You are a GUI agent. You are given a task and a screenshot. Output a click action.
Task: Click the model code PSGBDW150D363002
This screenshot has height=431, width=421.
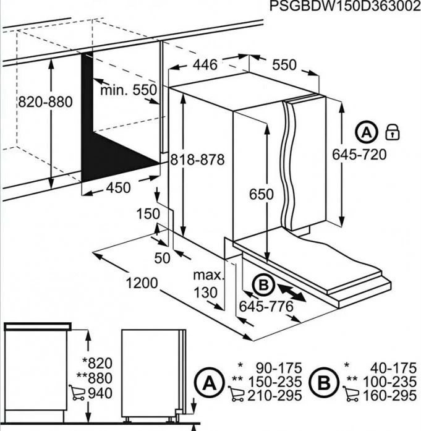pyautogui.click(x=345, y=6)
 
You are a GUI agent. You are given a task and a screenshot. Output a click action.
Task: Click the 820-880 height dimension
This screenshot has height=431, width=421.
pyautogui.click(x=45, y=102)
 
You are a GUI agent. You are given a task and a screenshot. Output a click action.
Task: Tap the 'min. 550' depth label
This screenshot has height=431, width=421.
pyautogui.click(x=129, y=90)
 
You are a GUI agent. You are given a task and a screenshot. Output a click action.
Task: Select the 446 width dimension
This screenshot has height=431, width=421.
pyautogui.click(x=205, y=65)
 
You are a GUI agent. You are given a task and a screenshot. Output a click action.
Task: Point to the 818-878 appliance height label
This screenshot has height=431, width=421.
pyautogui.click(x=197, y=160)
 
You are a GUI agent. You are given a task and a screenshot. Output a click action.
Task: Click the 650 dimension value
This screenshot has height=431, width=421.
pyautogui.click(x=262, y=194)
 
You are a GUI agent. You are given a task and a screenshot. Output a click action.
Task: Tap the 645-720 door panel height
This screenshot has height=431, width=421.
pyautogui.click(x=359, y=155)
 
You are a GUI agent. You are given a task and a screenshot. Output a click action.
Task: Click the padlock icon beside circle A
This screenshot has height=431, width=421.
pyautogui.click(x=393, y=132)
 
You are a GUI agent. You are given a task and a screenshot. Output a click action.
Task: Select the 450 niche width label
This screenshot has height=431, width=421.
pyautogui.click(x=119, y=188)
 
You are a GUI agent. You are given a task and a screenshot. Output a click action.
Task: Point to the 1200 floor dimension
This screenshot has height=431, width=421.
pyautogui.click(x=142, y=283)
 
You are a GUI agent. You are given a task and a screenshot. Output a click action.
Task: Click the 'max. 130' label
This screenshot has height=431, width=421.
pyautogui.click(x=208, y=284)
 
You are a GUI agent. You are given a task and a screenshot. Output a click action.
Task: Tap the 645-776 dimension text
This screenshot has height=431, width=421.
pyautogui.click(x=266, y=307)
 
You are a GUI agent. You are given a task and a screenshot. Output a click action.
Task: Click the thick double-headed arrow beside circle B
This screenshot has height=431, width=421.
pyautogui.click(x=291, y=292)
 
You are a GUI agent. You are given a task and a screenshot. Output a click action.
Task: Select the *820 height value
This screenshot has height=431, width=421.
pyautogui.click(x=98, y=363)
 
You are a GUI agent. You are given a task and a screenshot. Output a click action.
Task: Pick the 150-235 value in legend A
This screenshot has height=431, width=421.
pyautogui.click(x=275, y=382)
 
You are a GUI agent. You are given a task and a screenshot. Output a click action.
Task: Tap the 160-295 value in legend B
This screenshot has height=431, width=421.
pyautogui.click(x=389, y=396)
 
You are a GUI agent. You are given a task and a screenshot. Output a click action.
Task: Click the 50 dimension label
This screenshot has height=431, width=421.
pyautogui.click(x=162, y=258)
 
